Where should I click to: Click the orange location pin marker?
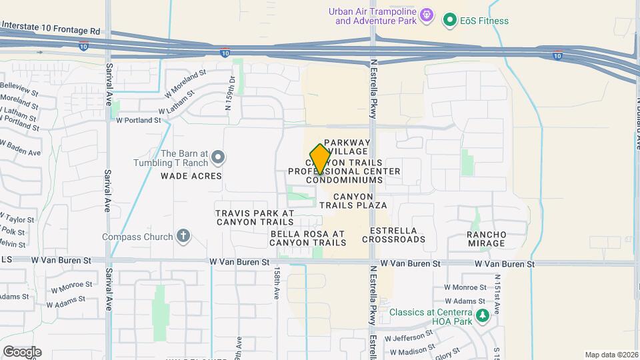tap(320, 159)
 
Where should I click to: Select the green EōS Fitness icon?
tap(450, 21)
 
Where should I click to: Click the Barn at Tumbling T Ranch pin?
tap(218, 157)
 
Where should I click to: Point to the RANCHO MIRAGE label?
tap(486, 239)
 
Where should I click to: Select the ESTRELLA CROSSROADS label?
tap(393, 235)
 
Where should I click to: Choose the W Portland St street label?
tap(139, 121)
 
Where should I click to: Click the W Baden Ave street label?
tap(21, 147)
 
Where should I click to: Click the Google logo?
tap(21, 351)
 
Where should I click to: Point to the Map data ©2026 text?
tap(611, 355)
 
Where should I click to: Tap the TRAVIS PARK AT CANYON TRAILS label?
tap(255, 217)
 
